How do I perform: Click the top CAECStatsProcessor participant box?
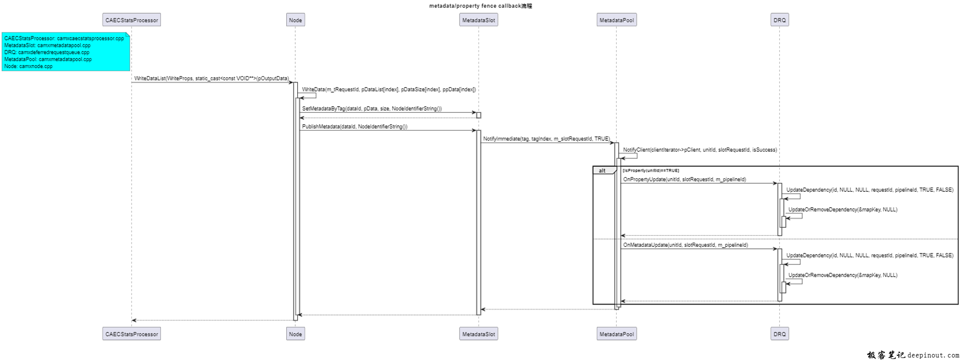pos(132,20)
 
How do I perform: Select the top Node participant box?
pos(295,20)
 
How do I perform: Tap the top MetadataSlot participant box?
pos(478,20)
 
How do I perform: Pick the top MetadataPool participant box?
pos(617,20)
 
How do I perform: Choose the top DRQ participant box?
pos(779,20)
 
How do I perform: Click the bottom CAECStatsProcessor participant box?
pos(132,334)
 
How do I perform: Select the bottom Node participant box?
pos(295,334)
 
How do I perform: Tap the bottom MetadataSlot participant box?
pos(478,334)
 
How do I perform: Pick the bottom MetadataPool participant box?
pos(617,334)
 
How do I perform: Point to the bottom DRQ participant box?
pos(779,334)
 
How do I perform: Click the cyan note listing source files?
pos(66,52)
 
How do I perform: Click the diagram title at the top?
pos(480,6)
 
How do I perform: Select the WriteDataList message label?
pos(211,79)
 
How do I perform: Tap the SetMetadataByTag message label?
pos(372,109)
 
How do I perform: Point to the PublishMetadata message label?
pos(354,127)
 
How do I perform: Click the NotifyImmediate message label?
pos(546,139)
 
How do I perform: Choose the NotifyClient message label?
pos(700,150)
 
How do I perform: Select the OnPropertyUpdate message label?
pos(684,179)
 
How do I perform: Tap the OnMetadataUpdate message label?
pos(685,245)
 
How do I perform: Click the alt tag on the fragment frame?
pos(603,171)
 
